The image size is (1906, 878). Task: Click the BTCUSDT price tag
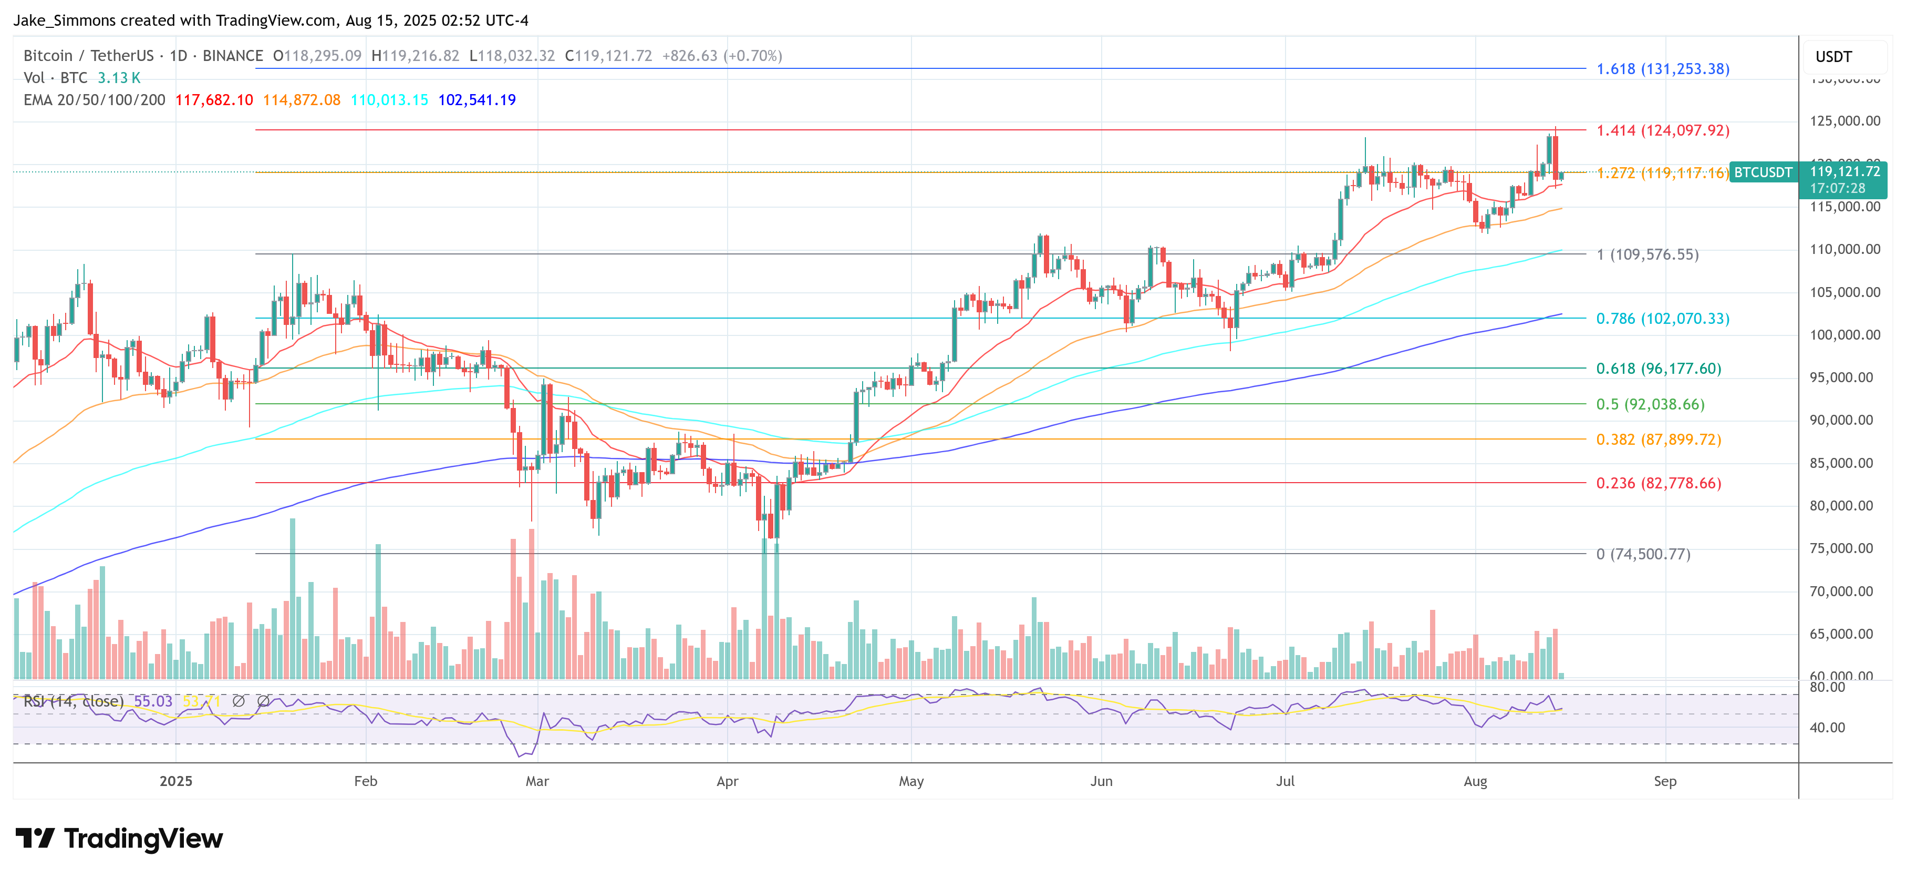click(1763, 172)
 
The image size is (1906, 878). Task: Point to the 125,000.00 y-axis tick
click(1844, 121)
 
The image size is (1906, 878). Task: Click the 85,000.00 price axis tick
click(1844, 463)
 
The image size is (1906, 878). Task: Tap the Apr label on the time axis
click(727, 781)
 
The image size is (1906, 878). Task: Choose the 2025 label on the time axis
click(175, 781)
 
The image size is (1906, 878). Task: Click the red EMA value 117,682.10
click(214, 100)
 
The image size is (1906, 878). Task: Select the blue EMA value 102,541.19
click(476, 100)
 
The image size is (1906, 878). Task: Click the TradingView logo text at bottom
click(143, 839)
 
